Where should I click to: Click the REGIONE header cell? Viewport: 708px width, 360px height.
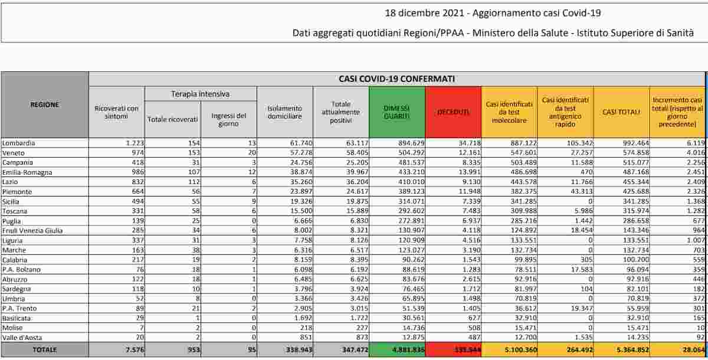coord(45,104)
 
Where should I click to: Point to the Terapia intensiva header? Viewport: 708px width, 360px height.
coord(201,94)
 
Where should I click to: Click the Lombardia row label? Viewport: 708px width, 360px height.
coord(18,143)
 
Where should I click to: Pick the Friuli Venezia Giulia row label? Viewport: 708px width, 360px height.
coord(32,230)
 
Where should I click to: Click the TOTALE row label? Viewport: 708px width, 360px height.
coord(45,349)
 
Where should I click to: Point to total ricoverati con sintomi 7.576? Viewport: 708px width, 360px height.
coord(129,349)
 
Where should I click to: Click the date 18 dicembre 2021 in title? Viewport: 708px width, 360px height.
coord(424,13)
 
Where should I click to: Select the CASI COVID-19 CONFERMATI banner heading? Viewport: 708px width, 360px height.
coord(396,78)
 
